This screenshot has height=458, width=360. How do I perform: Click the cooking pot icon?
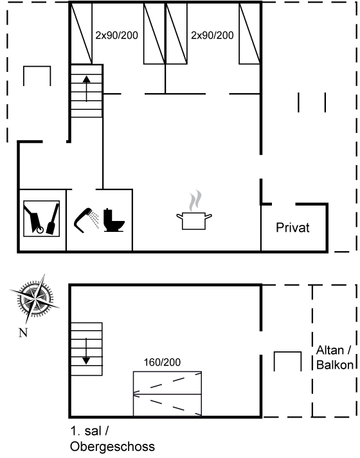click(x=194, y=221)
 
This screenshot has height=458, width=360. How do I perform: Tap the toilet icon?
click(x=114, y=220)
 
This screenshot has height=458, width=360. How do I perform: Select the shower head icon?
click(x=85, y=220)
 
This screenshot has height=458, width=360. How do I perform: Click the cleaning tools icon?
click(x=42, y=218)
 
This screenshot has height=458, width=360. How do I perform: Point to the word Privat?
click(x=292, y=227)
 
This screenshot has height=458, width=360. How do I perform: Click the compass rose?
click(x=35, y=299)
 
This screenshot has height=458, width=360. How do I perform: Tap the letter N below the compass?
click(x=23, y=333)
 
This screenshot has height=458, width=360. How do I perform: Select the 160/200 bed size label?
click(x=162, y=362)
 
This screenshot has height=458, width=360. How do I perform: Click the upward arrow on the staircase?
click(x=87, y=89)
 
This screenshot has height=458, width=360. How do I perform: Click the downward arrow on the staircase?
click(x=86, y=351)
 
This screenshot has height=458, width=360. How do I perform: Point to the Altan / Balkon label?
click(x=334, y=358)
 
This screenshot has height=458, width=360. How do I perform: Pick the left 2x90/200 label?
click(x=116, y=35)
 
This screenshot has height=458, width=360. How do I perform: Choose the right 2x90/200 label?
click(x=212, y=35)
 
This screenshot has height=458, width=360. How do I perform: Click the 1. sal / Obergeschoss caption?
click(x=113, y=439)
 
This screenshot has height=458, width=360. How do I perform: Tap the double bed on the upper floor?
click(x=167, y=394)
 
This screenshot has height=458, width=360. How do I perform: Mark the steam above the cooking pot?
click(x=195, y=200)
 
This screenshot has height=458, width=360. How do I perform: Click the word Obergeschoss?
click(x=113, y=446)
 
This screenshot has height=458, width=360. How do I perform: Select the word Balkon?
click(x=335, y=365)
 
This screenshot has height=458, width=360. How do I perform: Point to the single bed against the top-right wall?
click(x=249, y=33)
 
